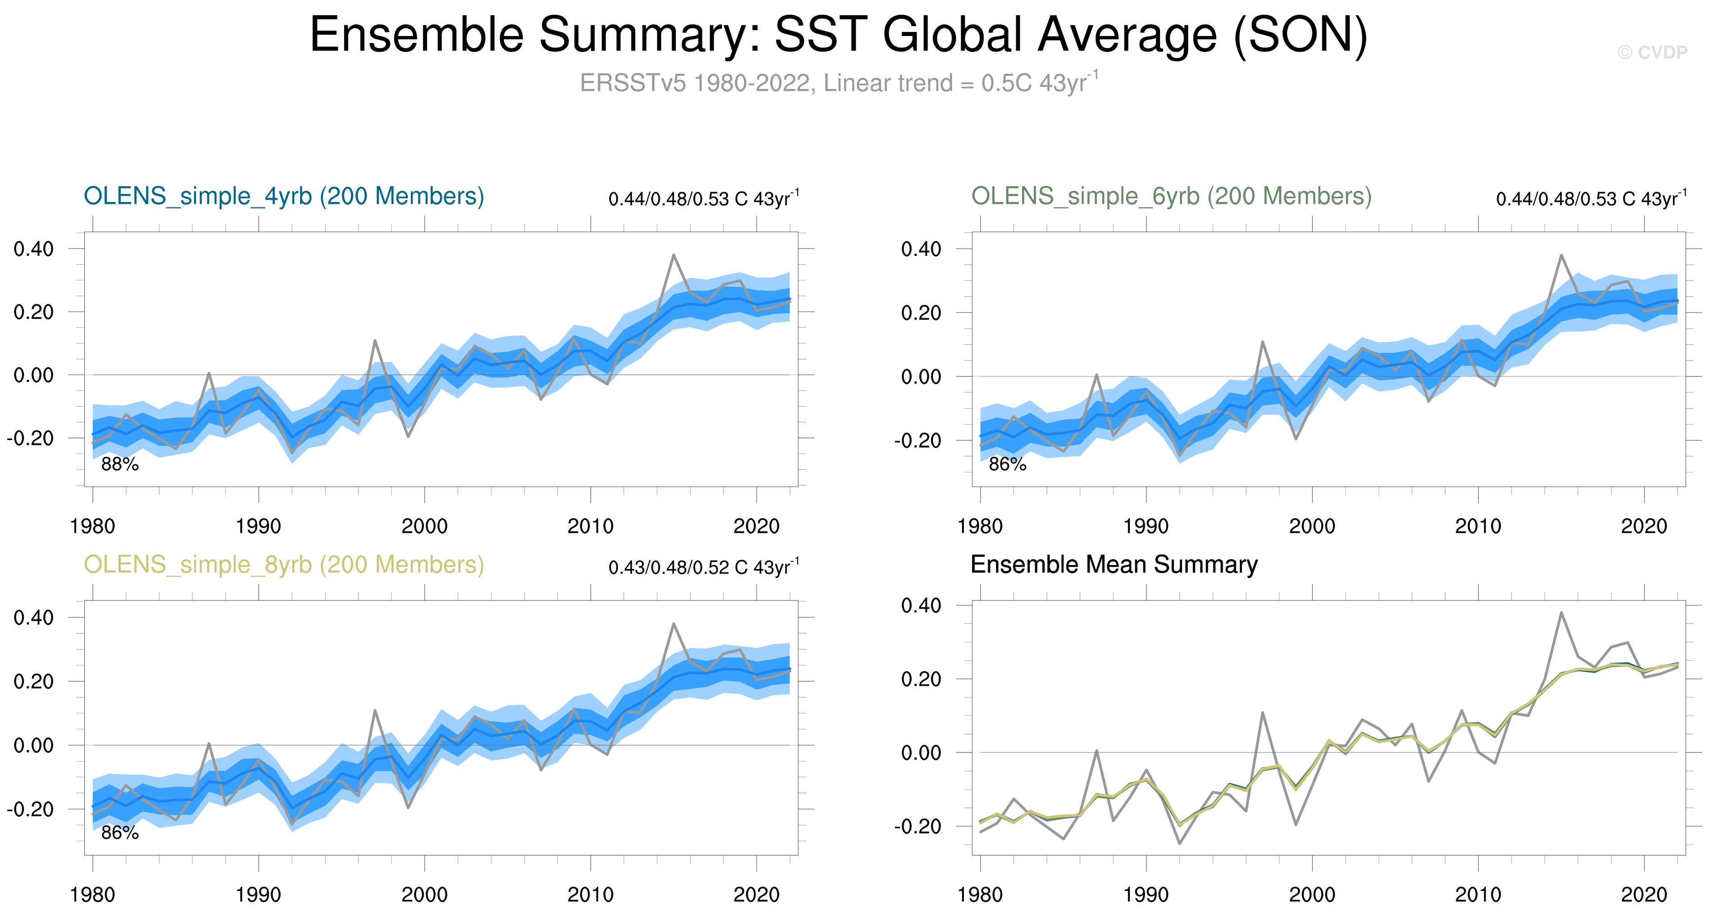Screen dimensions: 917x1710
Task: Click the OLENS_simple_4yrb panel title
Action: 284,197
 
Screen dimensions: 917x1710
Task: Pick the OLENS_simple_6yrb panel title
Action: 1171,197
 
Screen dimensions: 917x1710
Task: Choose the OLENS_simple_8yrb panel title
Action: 284,565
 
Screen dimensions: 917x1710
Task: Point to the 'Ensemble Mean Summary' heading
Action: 1114,565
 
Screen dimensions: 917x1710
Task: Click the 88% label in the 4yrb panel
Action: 119,465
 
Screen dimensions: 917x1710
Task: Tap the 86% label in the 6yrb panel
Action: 1007,465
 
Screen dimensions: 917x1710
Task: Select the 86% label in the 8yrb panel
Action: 119,833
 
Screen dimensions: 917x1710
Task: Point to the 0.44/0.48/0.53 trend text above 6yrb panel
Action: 1591,198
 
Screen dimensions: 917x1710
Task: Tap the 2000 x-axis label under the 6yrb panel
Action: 1312,527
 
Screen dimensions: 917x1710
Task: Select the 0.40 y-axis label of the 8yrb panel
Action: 33,618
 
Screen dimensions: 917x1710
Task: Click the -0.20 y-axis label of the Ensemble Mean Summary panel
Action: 917,827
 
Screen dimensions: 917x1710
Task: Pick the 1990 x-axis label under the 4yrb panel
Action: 258,527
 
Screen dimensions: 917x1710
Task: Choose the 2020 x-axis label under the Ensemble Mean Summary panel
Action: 1644,895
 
